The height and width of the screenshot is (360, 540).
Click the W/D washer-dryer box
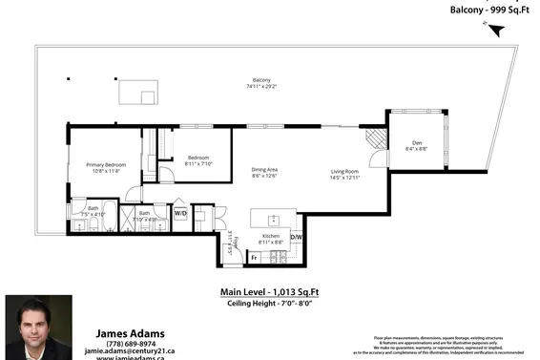[179, 214]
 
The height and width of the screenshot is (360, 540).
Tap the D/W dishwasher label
[296, 237]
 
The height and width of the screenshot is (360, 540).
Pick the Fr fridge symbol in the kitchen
[255, 257]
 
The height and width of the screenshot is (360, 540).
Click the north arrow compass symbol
[493, 30]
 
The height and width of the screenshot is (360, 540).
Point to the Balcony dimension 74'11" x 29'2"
[260, 86]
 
